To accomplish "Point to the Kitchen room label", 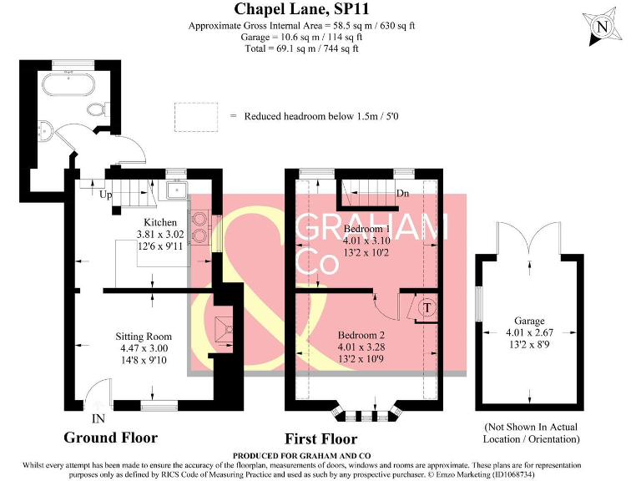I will (x=157, y=222).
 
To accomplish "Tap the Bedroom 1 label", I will (x=367, y=228).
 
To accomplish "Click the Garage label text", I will (x=529, y=321).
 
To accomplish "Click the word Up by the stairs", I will (x=105, y=195).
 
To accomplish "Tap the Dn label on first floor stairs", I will (x=402, y=193).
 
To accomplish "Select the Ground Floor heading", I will (x=110, y=438).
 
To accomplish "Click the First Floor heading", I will (x=320, y=438).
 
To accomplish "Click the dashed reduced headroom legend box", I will (x=195, y=115).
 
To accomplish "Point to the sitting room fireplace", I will (x=224, y=327).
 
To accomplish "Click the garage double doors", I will (x=528, y=240).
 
